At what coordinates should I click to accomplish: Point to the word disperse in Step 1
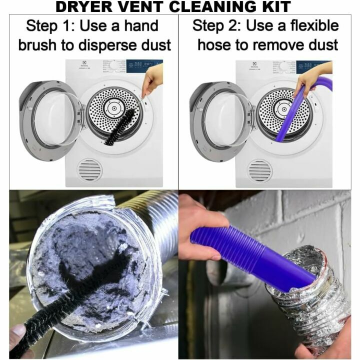pos(104,45)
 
